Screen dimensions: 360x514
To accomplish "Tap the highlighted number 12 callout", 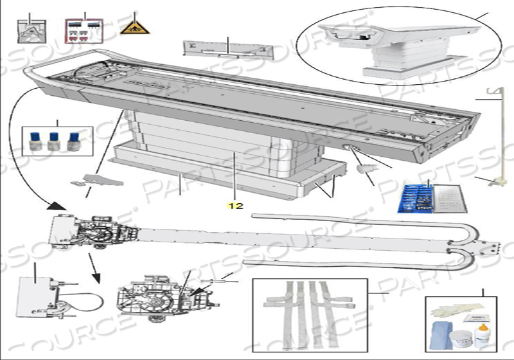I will (x=235, y=206).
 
